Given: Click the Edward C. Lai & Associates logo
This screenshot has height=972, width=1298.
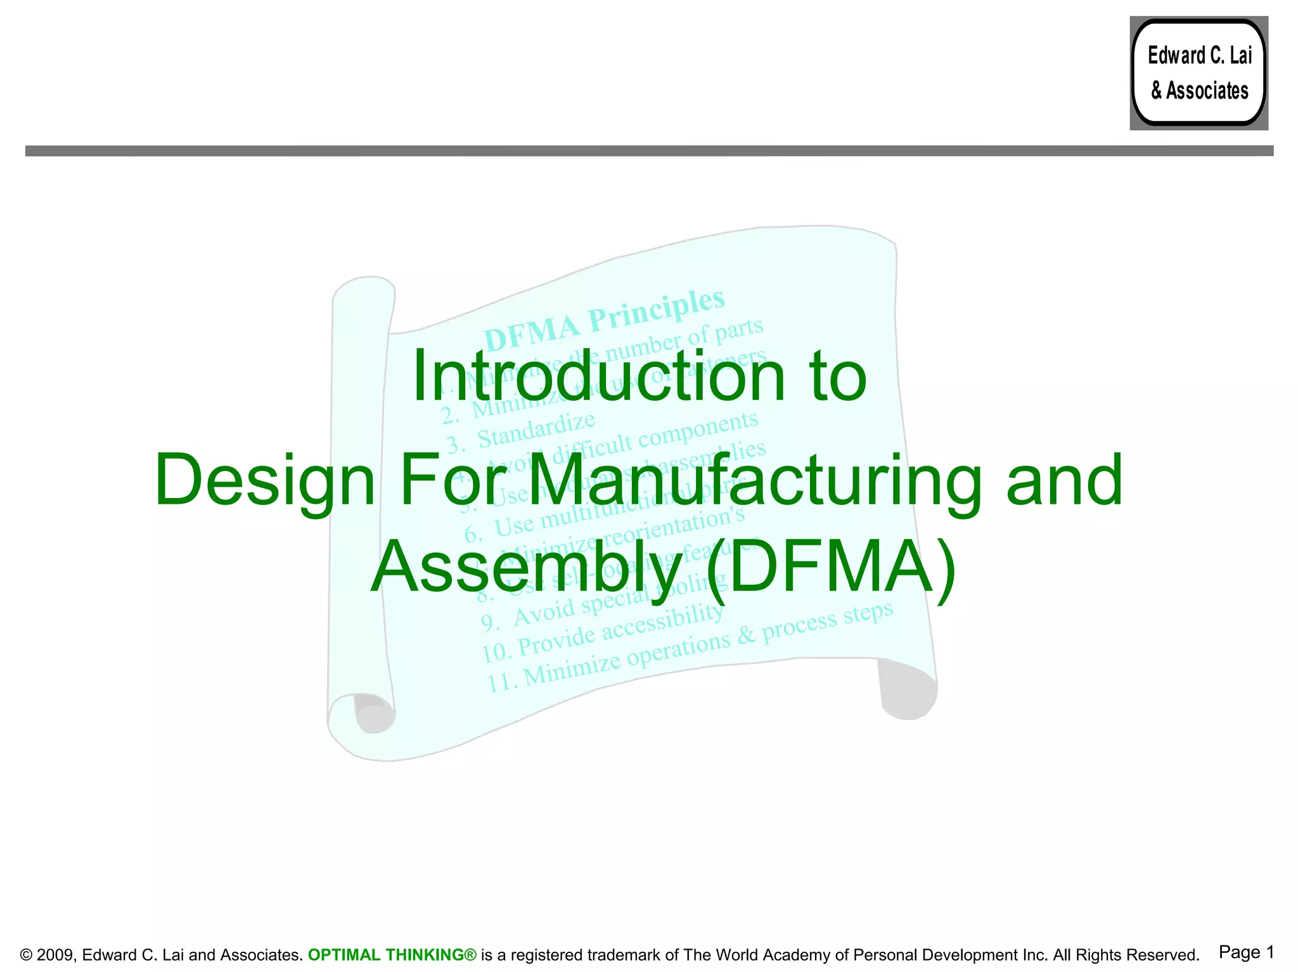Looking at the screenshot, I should point(1198,73).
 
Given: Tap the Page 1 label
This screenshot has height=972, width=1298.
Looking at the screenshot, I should point(1246,952).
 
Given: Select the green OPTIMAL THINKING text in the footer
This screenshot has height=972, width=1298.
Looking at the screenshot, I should point(392,955).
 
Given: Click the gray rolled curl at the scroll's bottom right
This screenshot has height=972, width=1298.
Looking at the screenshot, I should point(908,691).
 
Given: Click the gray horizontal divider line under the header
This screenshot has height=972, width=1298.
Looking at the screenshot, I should point(649,151).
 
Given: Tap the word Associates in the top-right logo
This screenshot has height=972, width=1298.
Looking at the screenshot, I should point(1207,91).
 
